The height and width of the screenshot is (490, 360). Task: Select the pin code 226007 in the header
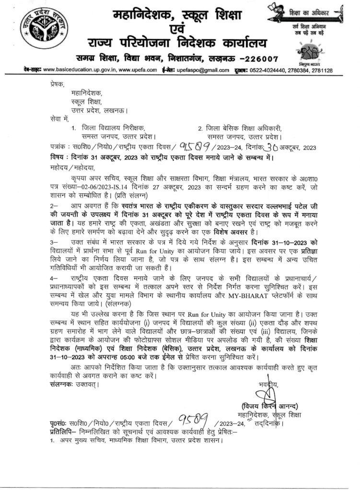pos(247,59)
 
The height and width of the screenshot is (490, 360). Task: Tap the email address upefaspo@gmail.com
pos(196,70)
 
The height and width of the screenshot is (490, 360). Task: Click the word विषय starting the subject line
pos(58,156)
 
